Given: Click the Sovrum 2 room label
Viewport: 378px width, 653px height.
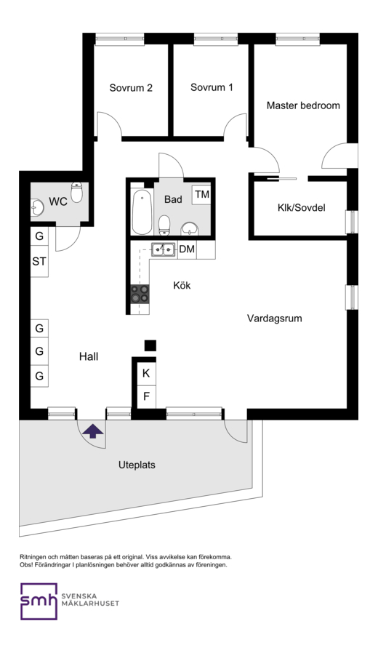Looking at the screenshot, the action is (x=131, y=88).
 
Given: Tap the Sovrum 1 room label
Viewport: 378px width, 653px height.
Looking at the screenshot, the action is (x=212, y=87).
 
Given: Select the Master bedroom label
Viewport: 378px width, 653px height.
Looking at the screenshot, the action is (x=303, y=105).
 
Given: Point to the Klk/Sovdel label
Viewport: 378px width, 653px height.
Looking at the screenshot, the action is (x=302, y=207).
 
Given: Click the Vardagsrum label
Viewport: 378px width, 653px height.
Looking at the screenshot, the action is (x=274, y=319).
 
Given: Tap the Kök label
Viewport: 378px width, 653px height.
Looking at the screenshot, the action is (x=182, y=285).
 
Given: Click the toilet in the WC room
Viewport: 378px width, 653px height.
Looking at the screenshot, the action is (x=77, y=192).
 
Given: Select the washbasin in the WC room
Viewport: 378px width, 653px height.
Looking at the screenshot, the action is (x=37, y=207).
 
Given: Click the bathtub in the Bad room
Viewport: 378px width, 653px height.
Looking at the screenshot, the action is (x=142, y=212).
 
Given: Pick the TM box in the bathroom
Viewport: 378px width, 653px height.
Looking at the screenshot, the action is (x=202, y=194).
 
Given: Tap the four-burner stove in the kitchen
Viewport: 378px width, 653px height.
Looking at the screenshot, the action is (x=140, y=293).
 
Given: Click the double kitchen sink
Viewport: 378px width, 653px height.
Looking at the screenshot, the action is (x=163, y=249).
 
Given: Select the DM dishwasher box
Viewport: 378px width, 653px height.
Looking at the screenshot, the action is (x=187, y=249).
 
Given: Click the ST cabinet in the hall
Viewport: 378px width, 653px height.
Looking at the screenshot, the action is (x=39, y=262).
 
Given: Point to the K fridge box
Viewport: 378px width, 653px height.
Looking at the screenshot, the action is (x=146, y=373).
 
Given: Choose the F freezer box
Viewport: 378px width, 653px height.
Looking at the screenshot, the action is (x=146, y=396).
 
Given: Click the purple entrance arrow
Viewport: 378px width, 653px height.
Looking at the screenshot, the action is (x=92, y=431).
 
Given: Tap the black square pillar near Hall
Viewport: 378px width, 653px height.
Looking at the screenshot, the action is (x=150, y=345).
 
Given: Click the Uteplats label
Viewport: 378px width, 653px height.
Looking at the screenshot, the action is (x=137, y=465).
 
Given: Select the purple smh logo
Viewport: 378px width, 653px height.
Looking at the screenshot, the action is (x=39, y=601).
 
